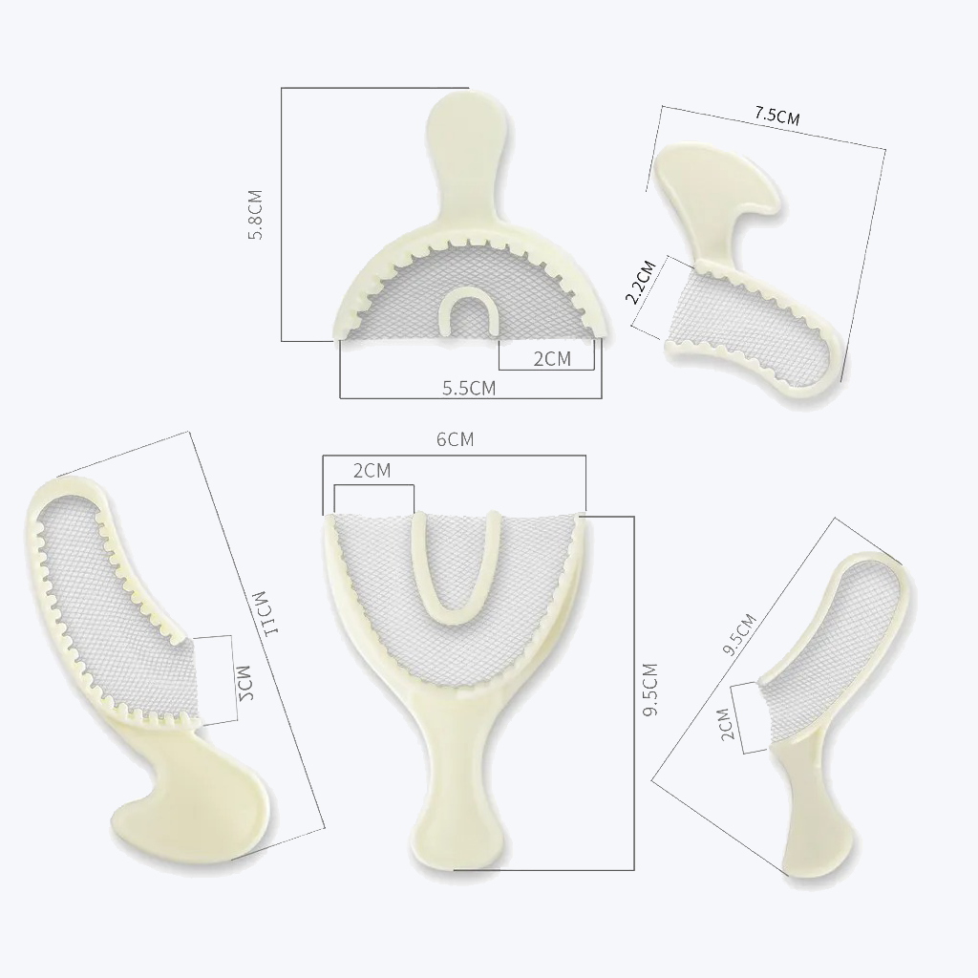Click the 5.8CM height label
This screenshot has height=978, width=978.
tap(255, 215)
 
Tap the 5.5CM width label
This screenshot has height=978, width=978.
tap(468, 387)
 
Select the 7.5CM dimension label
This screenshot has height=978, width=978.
tap(776, 116)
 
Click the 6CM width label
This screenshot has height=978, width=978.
tap(455, 439)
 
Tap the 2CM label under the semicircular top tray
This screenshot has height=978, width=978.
tap(551, 358)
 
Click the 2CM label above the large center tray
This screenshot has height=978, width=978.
tap(372, 470)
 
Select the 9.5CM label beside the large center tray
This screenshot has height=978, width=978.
tap(650, 691)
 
